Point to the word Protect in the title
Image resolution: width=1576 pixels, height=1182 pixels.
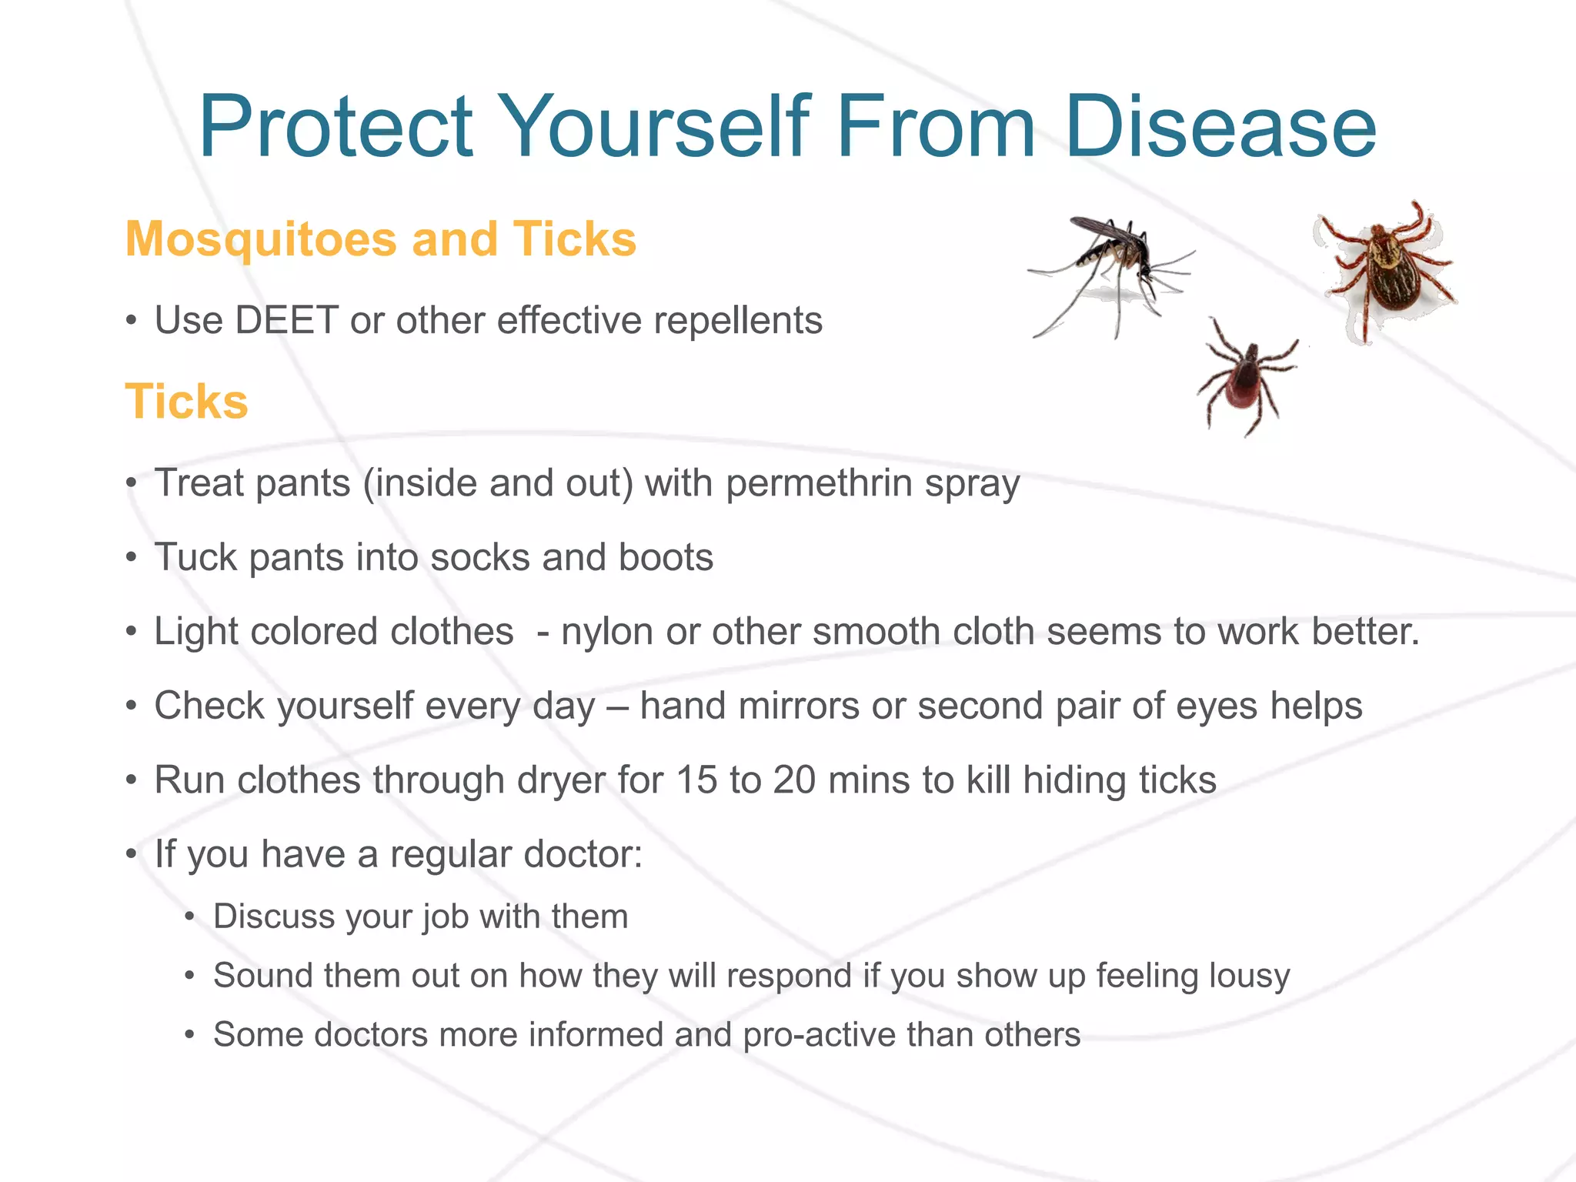[336, 127]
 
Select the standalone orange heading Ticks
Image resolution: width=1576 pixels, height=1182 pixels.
[186, 402]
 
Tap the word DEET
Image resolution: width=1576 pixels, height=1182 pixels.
[286, 320]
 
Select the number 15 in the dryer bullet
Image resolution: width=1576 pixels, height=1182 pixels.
[697, 780]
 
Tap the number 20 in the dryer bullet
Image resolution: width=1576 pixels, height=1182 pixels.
[794, 780]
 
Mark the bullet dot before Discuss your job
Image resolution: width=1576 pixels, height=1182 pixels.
[190, 917]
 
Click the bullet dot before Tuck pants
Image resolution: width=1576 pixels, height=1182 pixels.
[132, 557]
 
